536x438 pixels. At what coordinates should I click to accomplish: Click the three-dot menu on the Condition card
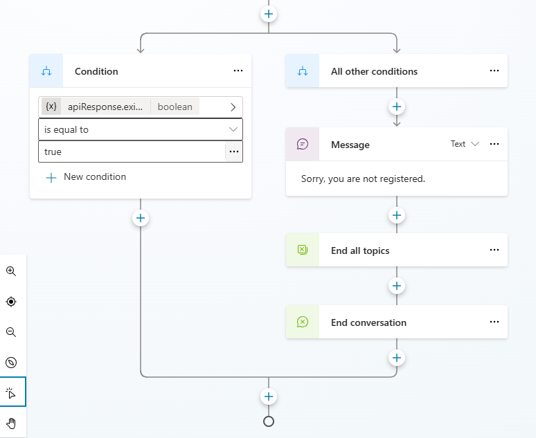[x=238, y=71]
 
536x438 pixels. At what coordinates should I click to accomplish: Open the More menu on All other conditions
[x=494, y=71]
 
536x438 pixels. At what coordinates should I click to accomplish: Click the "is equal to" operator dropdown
[x=140, y=129]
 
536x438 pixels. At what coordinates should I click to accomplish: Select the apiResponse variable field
[x=132, y=107]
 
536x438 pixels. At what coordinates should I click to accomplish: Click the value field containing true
[x=132, y=152]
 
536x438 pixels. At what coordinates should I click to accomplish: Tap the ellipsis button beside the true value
[x=234, y=152]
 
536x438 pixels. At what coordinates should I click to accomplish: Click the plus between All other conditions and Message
[x=397, y=107]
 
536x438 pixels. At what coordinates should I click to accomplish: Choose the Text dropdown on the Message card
[x=465, y=144]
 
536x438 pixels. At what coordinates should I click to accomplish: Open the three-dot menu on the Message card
[x=494, y=144]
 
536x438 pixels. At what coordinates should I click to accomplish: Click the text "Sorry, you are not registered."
[x=363, y=179]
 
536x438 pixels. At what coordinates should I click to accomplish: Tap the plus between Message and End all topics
[x=397, y=215]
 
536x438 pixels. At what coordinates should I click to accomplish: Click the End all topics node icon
[x=303, y=250]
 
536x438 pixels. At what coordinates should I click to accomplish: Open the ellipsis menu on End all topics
[x=494, y=250]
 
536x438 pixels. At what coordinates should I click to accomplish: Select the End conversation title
[x=368, y=322]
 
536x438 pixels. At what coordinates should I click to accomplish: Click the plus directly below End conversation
[x=397, y=358]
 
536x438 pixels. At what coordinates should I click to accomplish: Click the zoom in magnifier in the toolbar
[x=11, y=271]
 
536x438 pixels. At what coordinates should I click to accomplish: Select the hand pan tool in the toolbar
[x=11, y=423]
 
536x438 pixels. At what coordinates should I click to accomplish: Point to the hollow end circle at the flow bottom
[x=269, y=421]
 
